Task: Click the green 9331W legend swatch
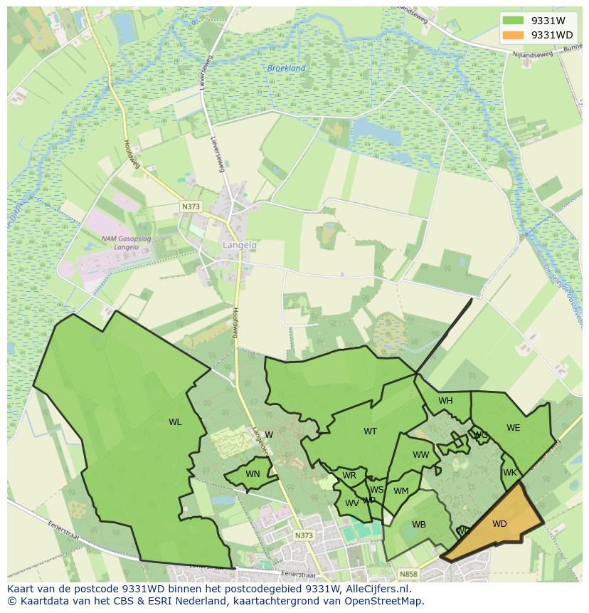[x=512, y=21]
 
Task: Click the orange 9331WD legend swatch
[x=512, y=35]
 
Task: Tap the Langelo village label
[x=240, y=244]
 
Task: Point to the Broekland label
[x=286, y=68]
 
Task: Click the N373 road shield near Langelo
[x=191, y=206]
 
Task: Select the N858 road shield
[x=408, y=574]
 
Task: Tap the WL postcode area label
[x=175, y=422]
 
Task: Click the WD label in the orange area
[x=499, y=524]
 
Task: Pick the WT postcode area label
[x=370, y=431]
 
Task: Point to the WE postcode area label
[x=513, y=428]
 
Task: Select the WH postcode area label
[x=445, y=401]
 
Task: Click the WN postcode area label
[x=253, y=474]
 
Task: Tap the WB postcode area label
[x=419, y=525]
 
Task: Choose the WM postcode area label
[x=401, y=491]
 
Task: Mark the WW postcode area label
[x=421, y=455]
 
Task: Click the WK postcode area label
[x=509, y=473]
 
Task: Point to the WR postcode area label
[x=349, y=476]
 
